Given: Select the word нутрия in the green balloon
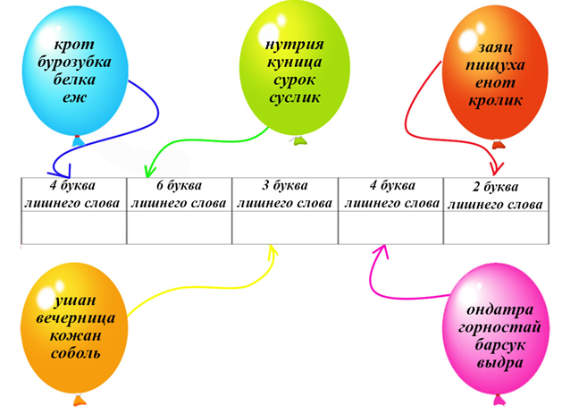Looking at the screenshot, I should pos(293,45).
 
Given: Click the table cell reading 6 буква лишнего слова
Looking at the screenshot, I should pos(179,195).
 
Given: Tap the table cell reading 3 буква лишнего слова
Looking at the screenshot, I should pos(284,195).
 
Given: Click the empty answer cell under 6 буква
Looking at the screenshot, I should pos(179,230).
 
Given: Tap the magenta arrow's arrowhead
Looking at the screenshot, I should pos(381,250).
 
